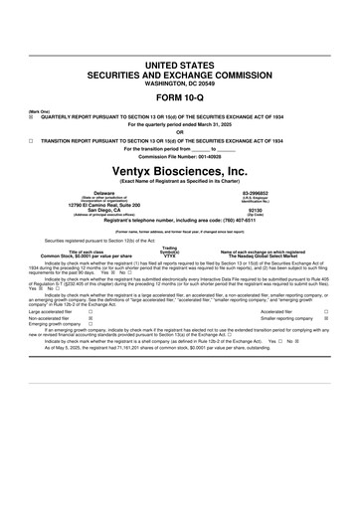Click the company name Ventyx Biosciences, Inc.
[x=180, y=171]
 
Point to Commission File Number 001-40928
[x=180, y=157]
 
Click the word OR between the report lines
[x=180, y=132]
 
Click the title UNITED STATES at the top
[x=180, y=65]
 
